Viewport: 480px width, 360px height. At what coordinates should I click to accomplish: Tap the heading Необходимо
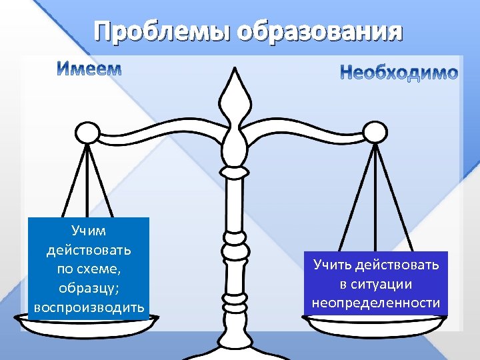(399, 73)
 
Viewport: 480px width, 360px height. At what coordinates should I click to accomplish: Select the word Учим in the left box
(89, 231)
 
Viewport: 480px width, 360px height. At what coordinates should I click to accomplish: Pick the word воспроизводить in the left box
(89, 307)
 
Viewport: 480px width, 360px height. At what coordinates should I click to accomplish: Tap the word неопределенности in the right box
(376, 303)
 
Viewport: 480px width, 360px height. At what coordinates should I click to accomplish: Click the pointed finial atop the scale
(237, 93)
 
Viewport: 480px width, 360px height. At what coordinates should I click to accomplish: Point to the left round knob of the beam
(85, 133)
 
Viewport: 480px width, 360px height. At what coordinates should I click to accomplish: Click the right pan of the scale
(377, 322)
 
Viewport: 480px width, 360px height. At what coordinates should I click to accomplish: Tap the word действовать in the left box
(89, 251)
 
